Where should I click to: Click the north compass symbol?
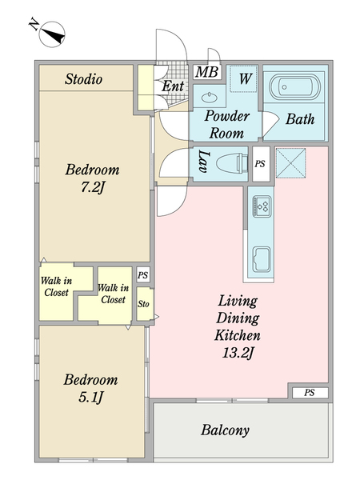point(52,34)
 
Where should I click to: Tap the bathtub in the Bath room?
point(294,86)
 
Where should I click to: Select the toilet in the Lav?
point(232,162)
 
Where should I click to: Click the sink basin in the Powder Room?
point(210,98)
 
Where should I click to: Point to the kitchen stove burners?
point(262,206)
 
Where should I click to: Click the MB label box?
point(207,72)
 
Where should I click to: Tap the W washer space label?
point(245,78)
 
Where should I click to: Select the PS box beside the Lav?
point(261,164)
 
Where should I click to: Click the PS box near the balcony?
point(310,393)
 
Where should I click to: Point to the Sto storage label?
point(143,304)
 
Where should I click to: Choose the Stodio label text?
point(83,79)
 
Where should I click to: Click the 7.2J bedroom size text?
point(93,187)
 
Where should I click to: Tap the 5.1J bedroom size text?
point(91,398)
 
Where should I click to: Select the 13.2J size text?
point(238,354)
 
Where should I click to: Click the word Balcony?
point(226,430)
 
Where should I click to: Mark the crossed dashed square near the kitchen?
point(291,163)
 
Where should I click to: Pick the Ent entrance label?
point(173,86)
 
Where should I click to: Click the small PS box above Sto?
point(142,274)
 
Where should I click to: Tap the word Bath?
point(300,118)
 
